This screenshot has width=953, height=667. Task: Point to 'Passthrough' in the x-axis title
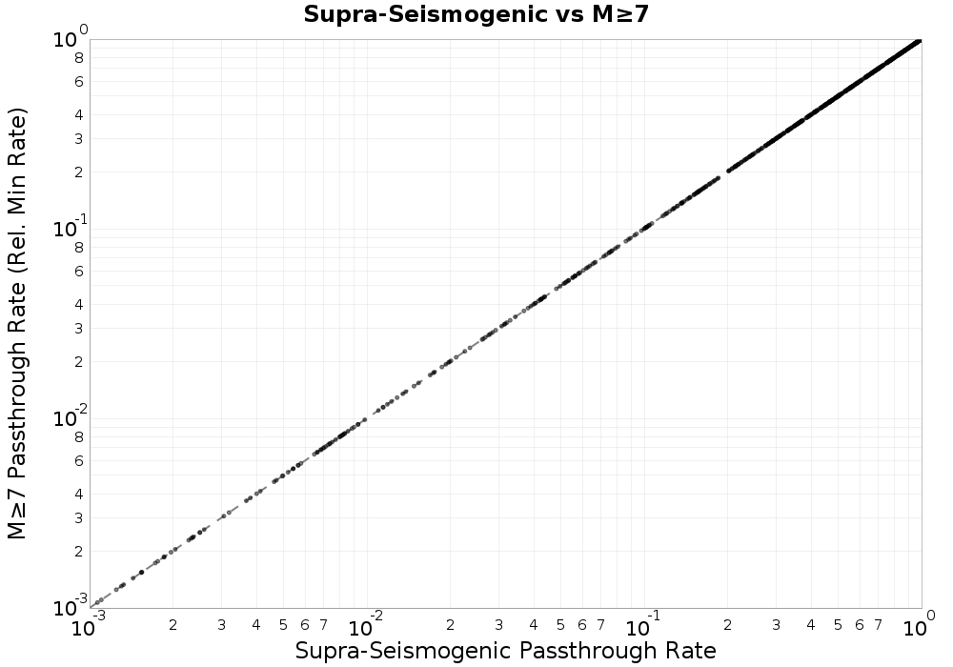[x=573, y=651]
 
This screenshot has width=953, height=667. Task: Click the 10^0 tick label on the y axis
[x=69, y=39]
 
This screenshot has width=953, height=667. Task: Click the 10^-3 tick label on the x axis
[x=90, y=627]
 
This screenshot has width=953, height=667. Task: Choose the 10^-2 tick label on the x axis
[x=367, y=627]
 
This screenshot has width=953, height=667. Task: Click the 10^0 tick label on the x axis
[x=918, y=627]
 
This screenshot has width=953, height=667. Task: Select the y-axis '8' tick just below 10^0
[x=80, y=57]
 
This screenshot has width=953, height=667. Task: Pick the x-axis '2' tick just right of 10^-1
[x=728, y=625]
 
